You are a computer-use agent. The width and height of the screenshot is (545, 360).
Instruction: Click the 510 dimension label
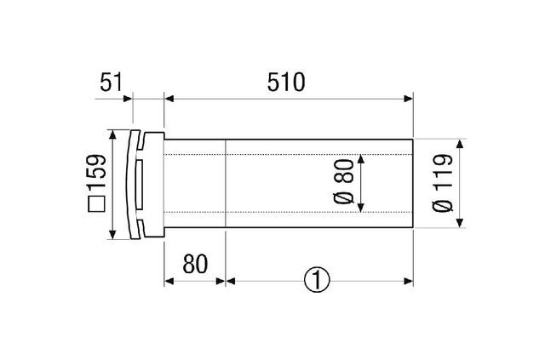286,83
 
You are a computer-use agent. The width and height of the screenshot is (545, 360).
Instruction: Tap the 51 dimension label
112,83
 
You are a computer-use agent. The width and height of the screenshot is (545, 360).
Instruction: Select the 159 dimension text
96,171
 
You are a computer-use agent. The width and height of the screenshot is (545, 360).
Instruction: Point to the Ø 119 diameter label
443,183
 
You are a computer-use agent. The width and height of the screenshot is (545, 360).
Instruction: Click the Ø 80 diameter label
343,182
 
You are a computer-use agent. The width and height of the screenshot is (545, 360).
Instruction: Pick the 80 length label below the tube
195,264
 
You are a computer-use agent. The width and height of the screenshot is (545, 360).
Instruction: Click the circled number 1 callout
317,280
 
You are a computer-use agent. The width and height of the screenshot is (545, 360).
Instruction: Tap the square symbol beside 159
96,204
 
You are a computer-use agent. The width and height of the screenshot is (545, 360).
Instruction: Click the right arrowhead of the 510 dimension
409,99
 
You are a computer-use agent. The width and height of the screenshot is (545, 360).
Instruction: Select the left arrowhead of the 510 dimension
169,99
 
